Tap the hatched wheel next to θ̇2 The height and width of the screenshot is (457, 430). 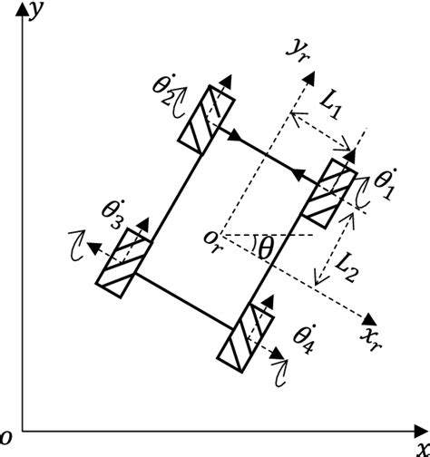point(207,117)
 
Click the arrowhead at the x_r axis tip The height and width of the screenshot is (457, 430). point(369,319)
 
